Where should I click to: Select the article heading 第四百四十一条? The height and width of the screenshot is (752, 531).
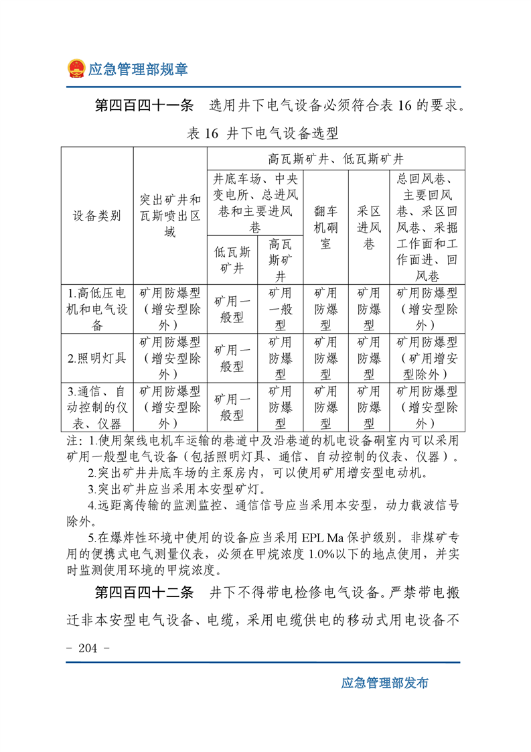(x=144, y=106)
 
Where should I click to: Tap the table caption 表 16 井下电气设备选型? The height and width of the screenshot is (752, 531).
(x=262, y=133)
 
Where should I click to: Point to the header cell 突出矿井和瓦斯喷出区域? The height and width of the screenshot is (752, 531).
(x=170, y=216)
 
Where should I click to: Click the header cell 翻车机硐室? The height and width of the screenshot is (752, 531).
(x=325, y=227)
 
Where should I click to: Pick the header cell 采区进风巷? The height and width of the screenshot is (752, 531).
(x=368, y=227)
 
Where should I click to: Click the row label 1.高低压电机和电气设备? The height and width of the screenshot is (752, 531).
(x=97, y=309)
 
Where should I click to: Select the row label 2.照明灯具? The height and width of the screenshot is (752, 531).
(x=97, y=357)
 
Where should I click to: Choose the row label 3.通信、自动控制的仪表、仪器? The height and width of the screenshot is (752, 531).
(x=97, y=406)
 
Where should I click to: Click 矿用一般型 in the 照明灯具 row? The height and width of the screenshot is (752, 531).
(x=232, y=357)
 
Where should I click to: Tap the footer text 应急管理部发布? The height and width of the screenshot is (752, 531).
(x=384, y=683)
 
